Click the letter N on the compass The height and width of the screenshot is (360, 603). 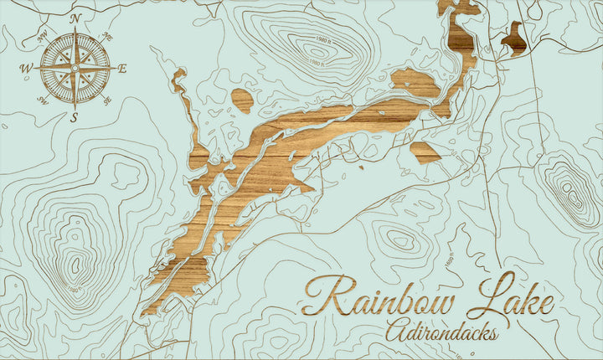(x=75, y=18)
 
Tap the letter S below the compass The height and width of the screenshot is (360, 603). (x=74, y=116)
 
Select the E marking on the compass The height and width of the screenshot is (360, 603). (x=121, y=69)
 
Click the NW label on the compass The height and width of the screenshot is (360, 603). (x=42, y=35)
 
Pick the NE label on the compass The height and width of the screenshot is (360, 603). (x=107, y=36)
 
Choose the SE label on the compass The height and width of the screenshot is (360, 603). (x=107, y=101)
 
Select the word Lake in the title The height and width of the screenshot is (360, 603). (x=515, y=297)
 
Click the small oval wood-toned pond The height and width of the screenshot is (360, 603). (x=242, y=100)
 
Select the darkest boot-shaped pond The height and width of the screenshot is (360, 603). (x=513, y=39)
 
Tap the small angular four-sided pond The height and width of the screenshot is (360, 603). (x=425, y=152)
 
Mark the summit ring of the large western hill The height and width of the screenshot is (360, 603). (x=75, y=267)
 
